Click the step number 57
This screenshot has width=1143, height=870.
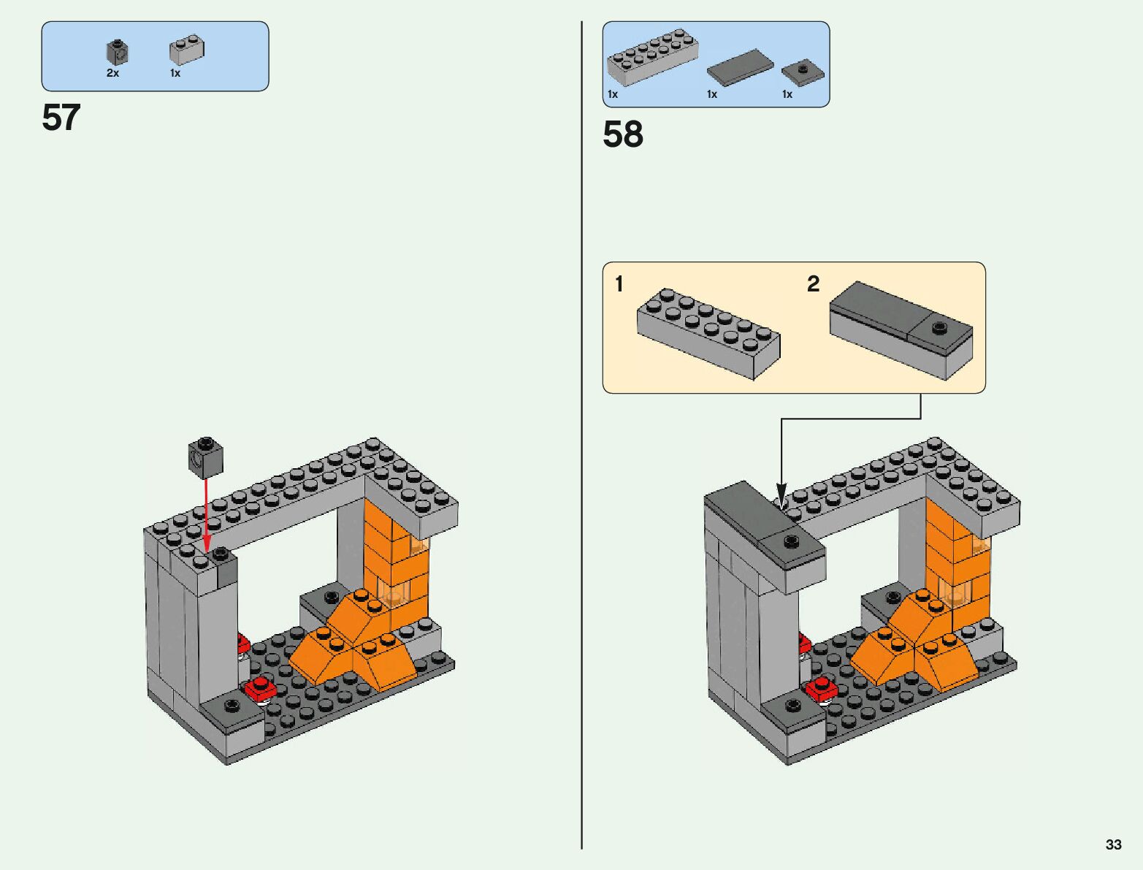[x=61, y=117]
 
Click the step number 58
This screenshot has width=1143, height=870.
[x=623, y=134]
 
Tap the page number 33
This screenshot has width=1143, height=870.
[x=1113, y=844]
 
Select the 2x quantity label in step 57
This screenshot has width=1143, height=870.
[x=112, y=73]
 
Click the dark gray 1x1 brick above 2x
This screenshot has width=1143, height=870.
[x=118, y=52]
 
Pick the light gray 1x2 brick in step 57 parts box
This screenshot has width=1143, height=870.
[x=186, y=50]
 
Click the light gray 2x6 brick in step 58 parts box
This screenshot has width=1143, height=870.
[x=653, y=57]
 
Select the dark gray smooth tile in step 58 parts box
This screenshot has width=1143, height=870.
[x=740, y=67]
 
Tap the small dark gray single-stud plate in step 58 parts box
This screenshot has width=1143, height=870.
[x=803, y=72]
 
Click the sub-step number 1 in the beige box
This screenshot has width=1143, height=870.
[x=619, y=283]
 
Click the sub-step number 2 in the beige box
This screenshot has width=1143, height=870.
[x=813, y=283]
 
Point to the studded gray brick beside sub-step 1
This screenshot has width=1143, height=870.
[x=708, y=334]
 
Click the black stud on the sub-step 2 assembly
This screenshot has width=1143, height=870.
[x=939, y=327]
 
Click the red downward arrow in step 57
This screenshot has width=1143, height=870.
[x=207, y=516]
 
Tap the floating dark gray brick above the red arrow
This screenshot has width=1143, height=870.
[x=206, y=458]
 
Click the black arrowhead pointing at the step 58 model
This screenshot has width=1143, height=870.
[x=781, y=492]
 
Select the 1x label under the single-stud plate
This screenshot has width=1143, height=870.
[x=787, y=94]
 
